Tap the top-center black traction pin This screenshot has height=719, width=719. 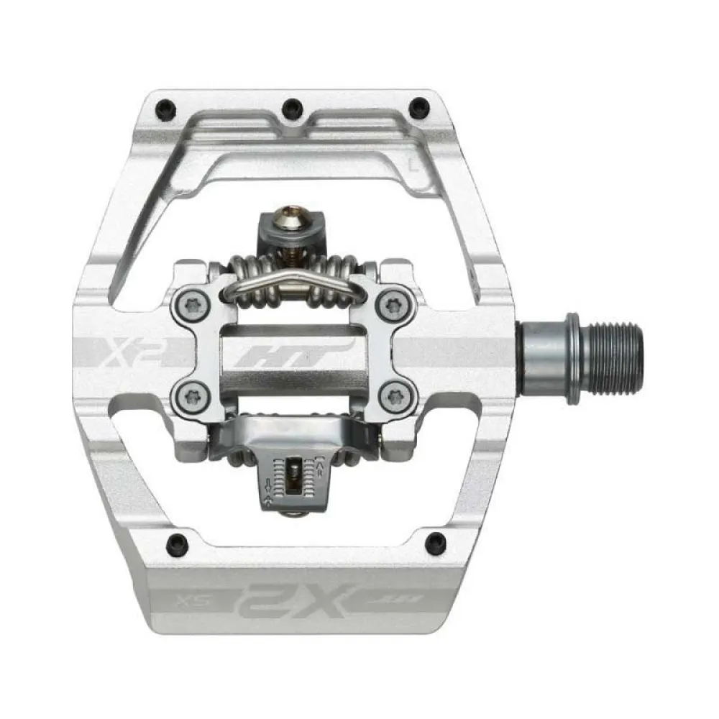point(292,109)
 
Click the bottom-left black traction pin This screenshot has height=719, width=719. point(173,543)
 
